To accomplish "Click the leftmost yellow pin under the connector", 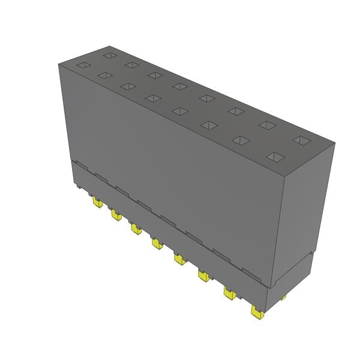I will [96, 203].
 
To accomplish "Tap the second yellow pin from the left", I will [115, 214].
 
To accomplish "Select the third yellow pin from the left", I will [136, 228].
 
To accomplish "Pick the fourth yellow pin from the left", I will [157, 243].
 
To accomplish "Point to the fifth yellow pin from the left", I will [179, 259].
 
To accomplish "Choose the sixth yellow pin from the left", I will [202, 275].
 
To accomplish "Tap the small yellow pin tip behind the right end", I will [283, 297].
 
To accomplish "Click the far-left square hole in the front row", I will [104, 75].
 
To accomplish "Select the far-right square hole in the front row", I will [275, 157].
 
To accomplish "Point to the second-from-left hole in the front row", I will [127, 86].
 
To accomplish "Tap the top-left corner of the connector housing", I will [58, 64].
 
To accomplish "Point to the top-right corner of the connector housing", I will [334, 144].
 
